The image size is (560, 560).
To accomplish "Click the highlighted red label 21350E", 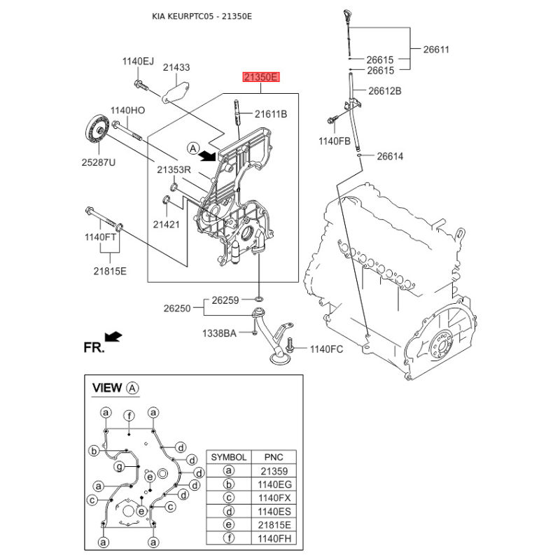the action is click(x=260, y=77).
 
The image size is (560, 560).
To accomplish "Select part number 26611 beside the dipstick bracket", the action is click(x=436, y=49).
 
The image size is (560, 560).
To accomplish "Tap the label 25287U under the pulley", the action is click(x=99, y=162).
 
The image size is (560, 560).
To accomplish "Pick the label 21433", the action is click(x=176, y=67).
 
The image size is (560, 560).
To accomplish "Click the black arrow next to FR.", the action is click(x=113, y=337).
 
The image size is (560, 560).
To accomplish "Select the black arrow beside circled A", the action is click(x=208, y=155).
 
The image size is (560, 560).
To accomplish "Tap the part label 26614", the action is click(x=390, y=156).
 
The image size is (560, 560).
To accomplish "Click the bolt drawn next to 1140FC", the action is click(x=290, y=344).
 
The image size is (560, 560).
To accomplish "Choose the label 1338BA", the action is click(x=219, y=333).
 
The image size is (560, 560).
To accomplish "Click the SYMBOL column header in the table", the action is click(x=229, y=457).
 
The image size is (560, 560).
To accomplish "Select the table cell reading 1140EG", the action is click(x=274, y=484).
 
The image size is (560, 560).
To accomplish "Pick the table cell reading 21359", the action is click(x=274, y=471).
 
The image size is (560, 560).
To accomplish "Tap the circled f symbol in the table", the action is click(x=229, y=538).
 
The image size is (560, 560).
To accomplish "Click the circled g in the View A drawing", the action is click(x=119, y=466).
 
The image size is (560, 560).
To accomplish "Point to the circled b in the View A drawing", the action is click(x=94, y=451).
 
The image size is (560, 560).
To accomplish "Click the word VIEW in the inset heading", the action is click(x=107, y=388).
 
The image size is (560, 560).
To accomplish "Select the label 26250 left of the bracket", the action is click(x=177, y=308).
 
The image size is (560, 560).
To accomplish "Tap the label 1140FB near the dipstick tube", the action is click(x=335, y=141).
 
